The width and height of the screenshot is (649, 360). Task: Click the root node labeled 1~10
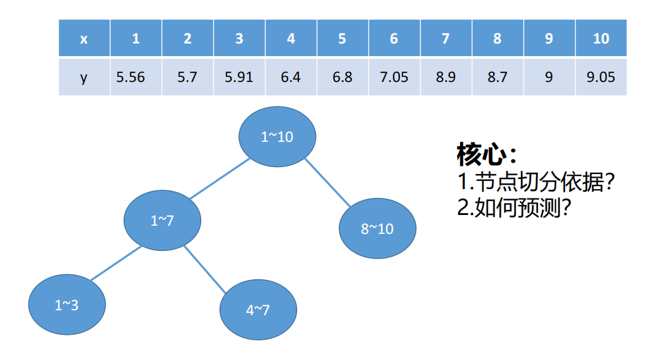277,137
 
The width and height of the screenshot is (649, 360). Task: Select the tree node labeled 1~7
162,221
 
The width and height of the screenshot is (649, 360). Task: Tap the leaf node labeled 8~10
377,229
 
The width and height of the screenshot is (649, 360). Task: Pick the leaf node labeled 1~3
67,306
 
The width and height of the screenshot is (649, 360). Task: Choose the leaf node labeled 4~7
257,310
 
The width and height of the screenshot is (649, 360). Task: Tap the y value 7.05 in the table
394,77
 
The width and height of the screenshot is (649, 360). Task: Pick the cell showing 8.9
446,77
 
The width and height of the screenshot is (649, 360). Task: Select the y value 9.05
601,77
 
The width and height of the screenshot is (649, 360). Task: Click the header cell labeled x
85,38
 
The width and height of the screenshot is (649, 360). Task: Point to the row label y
85,77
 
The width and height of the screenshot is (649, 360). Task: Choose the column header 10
601,38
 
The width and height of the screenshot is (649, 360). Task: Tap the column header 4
291,38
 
